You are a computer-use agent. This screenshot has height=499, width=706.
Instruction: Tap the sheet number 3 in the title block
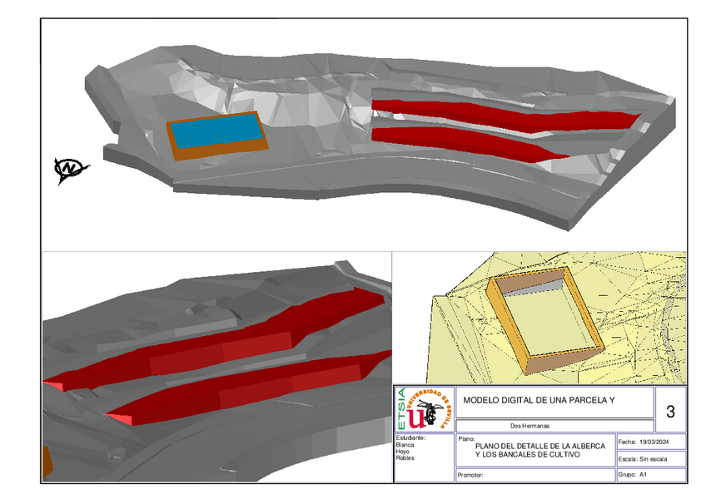pyautogui.click(x=670, y=411)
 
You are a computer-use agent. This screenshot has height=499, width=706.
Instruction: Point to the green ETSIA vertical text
pyautogui.click(x=402, y=408)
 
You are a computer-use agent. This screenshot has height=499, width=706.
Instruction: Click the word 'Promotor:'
pyautogui.click(x=472, y=477)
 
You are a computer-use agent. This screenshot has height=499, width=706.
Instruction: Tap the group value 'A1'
pyautogui.click(x=644, y=475)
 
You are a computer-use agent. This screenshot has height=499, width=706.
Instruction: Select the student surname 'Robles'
pyautogui.click(x=405, y=458)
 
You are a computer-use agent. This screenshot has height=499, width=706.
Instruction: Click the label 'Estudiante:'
pyautogui.click(x=410, y=437)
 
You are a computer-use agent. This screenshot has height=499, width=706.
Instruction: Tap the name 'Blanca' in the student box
pyautogui.click(x=405, y=445)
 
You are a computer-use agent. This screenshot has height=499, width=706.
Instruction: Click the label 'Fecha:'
pyautogui.click(x=627, y=442)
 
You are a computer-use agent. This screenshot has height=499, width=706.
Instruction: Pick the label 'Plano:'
pyautogui.click(x=466, y=437)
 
